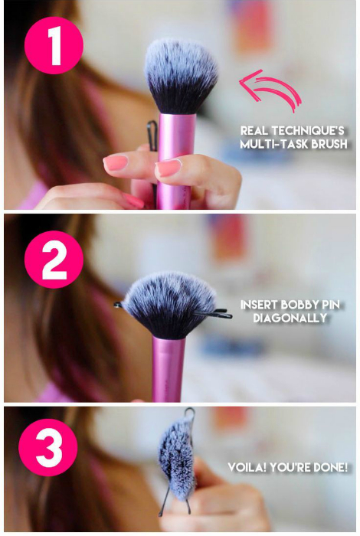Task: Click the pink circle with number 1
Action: pyautogui.click(x=54, y=45)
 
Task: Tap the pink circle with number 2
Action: pyautogui.click(x=54, y=259)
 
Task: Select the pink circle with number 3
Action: pyautogui.click(x=47, y=447)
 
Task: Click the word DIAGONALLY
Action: pyautogui.click(x=290, y=318)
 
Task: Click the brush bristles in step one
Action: pyautogui.click(x=181, y=75)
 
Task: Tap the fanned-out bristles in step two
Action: pyautogui.click(x=170, y=303)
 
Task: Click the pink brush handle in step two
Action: pyautogui.click(x=169, y=369)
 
